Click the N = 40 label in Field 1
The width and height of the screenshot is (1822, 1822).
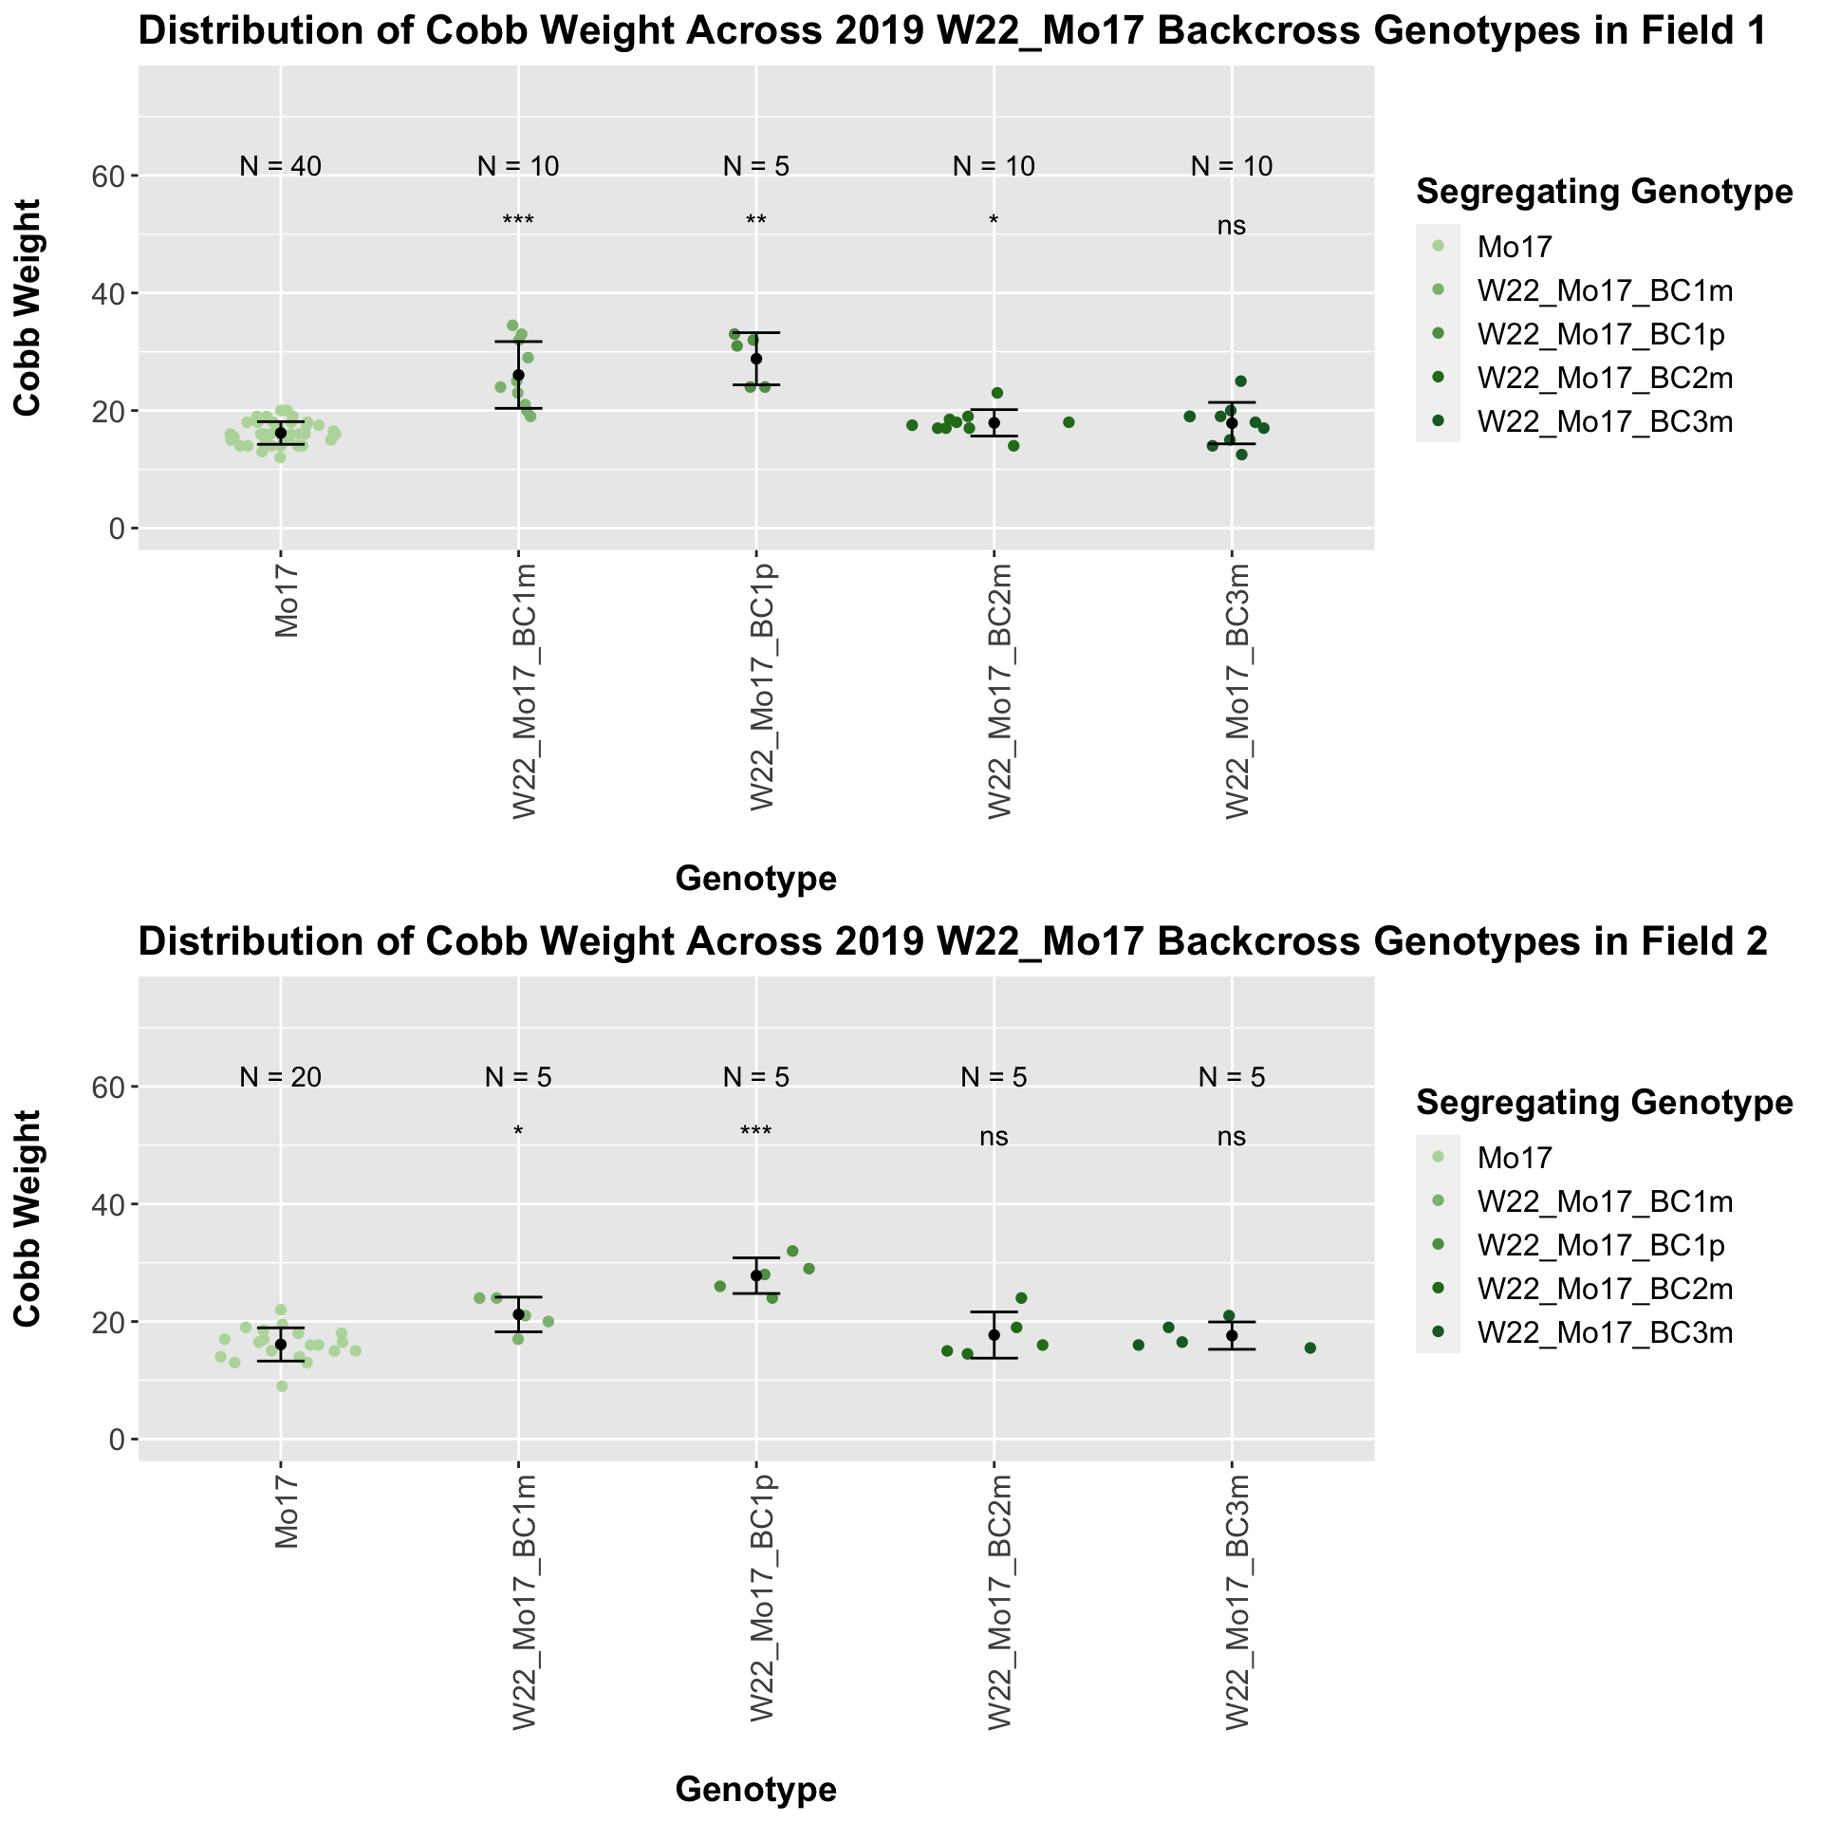click(281, 166)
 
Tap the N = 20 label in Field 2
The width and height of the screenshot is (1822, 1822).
click(281, 1077)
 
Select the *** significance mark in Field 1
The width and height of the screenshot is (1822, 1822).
click(518, 222)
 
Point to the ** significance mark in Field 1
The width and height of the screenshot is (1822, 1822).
click(756, 222)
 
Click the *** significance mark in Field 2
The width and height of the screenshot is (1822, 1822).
click(756, 1133)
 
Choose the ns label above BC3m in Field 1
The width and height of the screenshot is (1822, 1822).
click(1232, 226)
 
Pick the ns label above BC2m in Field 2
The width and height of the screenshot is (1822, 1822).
click(994, 1137)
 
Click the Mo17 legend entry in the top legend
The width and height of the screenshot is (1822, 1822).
click(1515, 248)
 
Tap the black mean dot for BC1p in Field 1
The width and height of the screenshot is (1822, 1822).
click(756, 359)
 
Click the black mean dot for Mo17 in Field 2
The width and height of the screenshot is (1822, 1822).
click(281, 1344)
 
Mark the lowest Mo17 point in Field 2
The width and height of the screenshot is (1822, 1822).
click(282, 1386)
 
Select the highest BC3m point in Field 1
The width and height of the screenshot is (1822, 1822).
click(1240, 381)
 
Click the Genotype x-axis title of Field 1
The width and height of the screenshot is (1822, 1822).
click(755, 880)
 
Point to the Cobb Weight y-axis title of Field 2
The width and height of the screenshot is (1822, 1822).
click(28, 1218)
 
